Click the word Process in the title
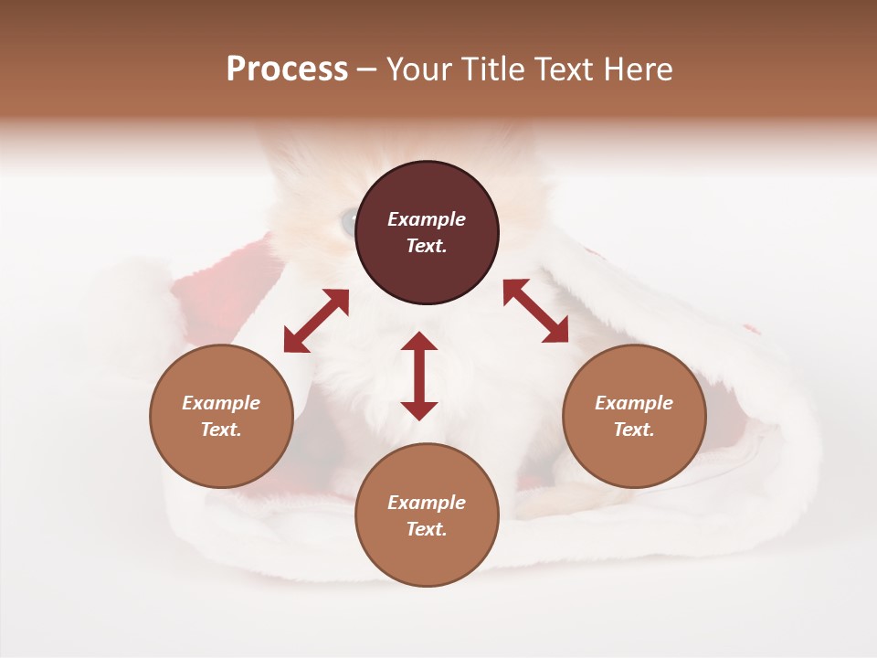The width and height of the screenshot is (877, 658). (287, 69)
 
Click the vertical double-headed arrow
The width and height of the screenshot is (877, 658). (419, 376)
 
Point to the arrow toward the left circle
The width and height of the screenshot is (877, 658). (316, 321)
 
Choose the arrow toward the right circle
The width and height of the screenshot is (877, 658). (535, 311)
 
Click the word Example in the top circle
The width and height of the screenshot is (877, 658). (427, 219)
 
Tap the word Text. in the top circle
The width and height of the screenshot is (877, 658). (427, 246)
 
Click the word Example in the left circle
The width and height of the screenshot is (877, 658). (221, 403)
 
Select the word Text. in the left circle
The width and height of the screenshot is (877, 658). (221, 430)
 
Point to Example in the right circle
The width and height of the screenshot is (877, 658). (634, 403)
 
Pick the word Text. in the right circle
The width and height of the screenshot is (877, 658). (634, 430)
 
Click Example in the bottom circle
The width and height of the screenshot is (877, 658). (427, 503)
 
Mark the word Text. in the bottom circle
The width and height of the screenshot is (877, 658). (427, 529)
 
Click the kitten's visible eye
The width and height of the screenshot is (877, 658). (348, 221)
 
